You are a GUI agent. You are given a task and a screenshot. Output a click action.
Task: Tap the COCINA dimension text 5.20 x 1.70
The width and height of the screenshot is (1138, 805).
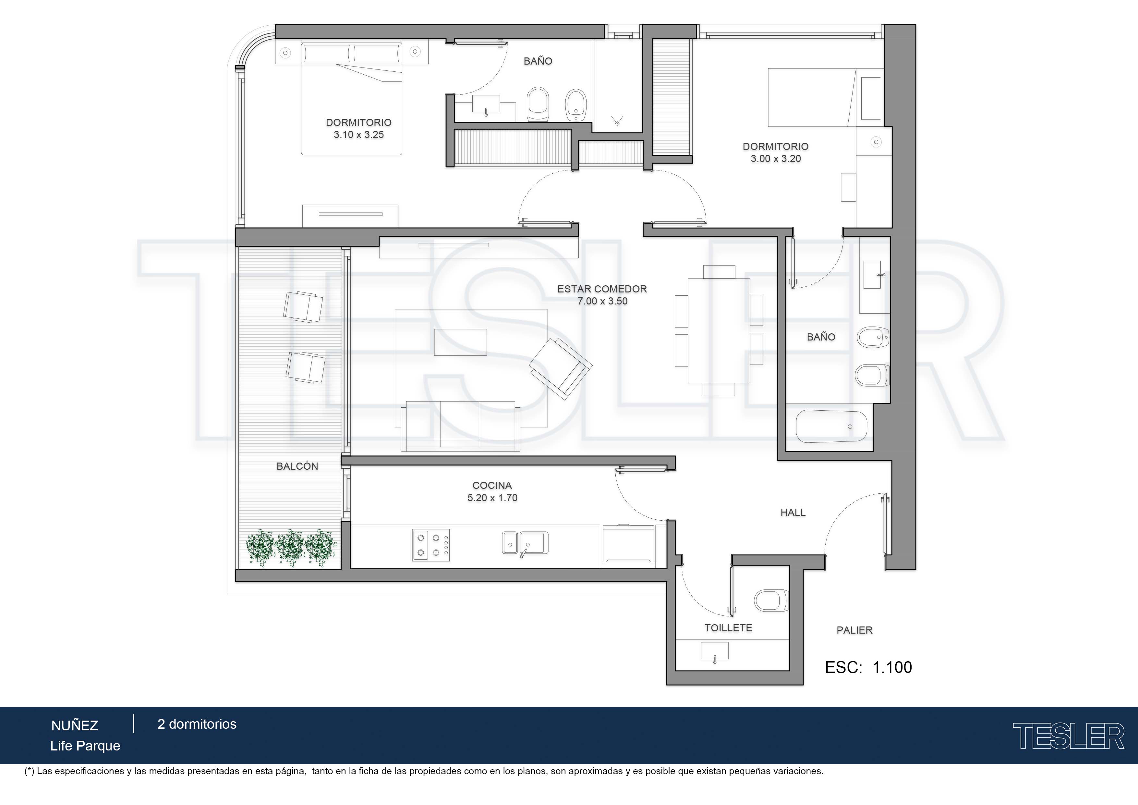(x=492, y=498)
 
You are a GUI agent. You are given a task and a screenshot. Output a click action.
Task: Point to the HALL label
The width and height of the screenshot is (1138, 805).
(x=793, y=512)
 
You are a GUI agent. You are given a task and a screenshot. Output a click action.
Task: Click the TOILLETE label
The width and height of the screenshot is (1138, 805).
(x=728, y=628)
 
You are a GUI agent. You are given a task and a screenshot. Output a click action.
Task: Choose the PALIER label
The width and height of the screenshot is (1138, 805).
(x=854, y=630)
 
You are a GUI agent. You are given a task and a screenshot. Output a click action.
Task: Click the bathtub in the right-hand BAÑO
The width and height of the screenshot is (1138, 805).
(x=831, y=427)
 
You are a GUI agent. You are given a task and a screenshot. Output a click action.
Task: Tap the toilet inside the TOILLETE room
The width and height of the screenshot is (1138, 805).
(x=771, y=601)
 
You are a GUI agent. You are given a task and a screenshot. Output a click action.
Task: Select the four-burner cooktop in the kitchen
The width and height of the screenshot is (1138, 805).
(x=431, y=545)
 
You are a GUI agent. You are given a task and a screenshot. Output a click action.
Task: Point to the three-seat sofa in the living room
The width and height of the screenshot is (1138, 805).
(x=460, y=426)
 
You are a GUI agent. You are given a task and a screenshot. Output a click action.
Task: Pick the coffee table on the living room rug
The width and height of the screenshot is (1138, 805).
(x=460, y=342)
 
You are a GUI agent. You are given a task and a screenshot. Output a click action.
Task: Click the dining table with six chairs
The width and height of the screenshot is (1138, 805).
(x=719, y=330)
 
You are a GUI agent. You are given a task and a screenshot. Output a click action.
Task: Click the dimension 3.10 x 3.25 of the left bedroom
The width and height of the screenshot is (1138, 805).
(x=359, y=134)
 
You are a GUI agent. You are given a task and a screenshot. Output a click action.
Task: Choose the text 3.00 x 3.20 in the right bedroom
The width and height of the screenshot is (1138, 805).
(x=776, y=159)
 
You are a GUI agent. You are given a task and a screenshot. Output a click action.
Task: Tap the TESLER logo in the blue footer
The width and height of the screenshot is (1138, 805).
(x=1068, y=736)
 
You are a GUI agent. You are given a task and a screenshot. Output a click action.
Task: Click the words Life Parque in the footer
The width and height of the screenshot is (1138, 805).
(x=85, y=746)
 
